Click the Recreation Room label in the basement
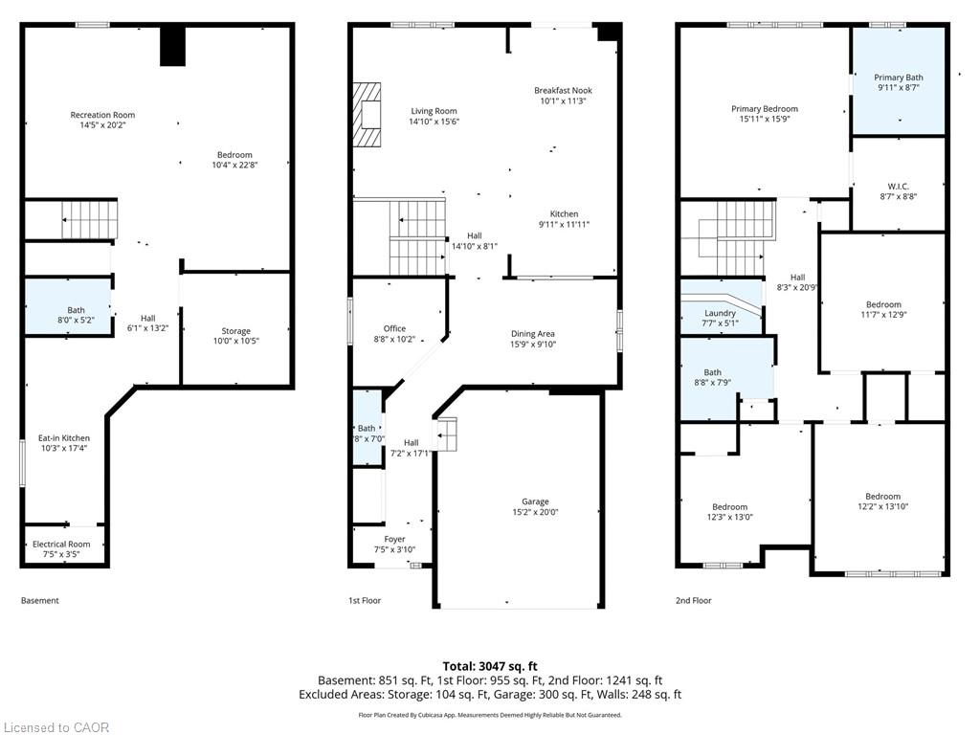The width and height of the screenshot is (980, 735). [x=102, y=115]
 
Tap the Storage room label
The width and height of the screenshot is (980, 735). [x=235, y=331]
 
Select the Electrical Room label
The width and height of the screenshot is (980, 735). [x=61, y=545]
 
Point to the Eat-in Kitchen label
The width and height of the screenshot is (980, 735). [x=64, y=438]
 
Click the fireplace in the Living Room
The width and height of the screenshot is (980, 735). [x=367, y=116]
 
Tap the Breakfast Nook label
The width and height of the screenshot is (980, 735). [x=563, y=91]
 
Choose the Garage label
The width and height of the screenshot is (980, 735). [x=535, y=501]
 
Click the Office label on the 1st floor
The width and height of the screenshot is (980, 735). [x=394, y=329]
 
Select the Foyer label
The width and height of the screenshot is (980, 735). [x=394, y=540]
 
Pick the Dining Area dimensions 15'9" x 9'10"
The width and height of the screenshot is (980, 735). [x=533, y=345]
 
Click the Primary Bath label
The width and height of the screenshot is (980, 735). [x=898, y=78]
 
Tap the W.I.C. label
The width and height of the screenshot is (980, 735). [x=898, y=187]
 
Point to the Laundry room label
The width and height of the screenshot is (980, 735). [x=720, y=313]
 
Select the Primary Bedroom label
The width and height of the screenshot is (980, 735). [x=765, y=109]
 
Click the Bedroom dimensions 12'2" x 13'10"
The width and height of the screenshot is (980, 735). [x=882, y=507]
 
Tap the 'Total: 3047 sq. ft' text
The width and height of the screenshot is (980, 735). [x=490, y=666]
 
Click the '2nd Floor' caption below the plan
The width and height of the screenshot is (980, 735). [x=693, y=601]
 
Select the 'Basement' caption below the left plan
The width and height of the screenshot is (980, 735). [x=40, y=601]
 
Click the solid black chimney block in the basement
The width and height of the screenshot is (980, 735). [x=172, y=46]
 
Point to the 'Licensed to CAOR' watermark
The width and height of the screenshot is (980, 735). [x=55, y=727]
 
